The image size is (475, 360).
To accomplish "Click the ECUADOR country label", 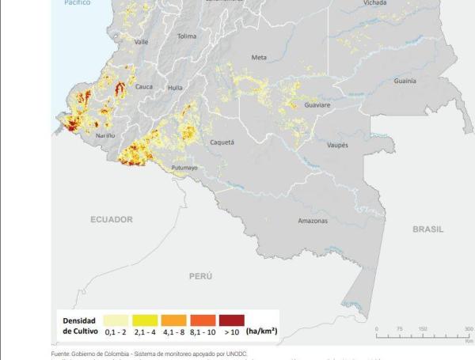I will pos(111,219).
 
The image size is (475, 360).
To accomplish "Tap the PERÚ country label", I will pos(200,276).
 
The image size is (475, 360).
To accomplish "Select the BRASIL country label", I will pos(427,229).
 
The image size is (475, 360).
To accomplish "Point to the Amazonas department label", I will pos(313,221).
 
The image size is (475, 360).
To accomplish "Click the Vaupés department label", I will pos(337,145).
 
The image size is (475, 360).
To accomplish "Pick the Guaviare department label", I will pos(317,104).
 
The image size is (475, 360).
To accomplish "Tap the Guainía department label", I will pos(405,81).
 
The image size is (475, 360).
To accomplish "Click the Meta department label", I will pos(259,58).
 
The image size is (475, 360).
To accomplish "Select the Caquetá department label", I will pos(222,142).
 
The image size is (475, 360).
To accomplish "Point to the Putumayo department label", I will pos(184,168).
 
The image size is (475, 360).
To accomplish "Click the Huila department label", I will pos(175,88).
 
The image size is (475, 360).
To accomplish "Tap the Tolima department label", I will pos(187,36).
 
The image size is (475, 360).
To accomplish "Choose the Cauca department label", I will pos(144,87).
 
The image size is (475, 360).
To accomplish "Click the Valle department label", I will pos(141,42).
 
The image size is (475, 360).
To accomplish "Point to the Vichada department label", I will pos(375,3).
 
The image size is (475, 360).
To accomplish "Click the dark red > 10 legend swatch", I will pos(232,319).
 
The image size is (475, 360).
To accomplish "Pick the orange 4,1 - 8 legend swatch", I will pos(175,319).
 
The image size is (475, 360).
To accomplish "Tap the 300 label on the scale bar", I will pos(469,328).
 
